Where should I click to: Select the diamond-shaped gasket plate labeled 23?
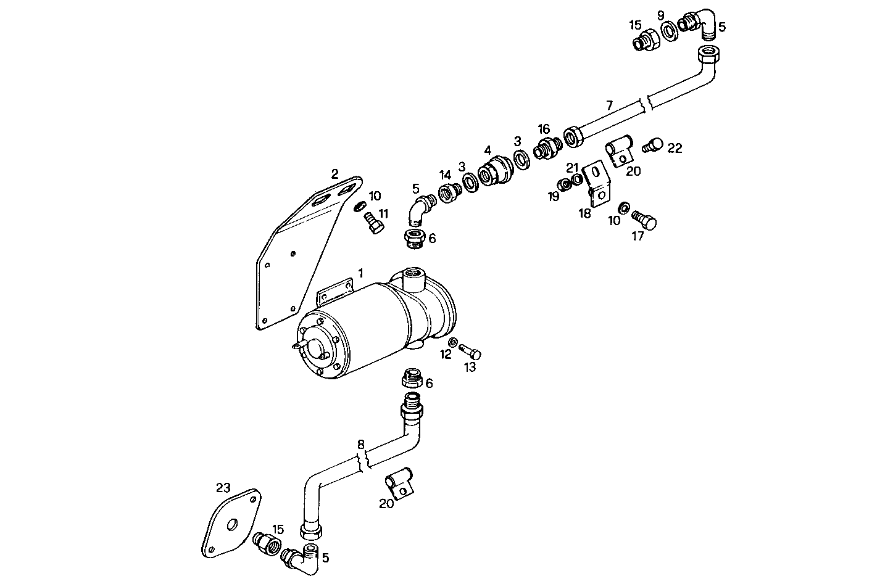tap(231, 523)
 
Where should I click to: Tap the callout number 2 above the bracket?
tap(334, 174)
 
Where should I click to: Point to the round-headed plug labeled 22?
tap(652, 146)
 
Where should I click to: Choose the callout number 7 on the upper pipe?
tap(609, 105)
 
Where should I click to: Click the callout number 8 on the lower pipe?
tap(361, 443)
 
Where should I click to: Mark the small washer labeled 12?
tap(452, 343)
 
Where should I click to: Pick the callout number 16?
tap(543, 129)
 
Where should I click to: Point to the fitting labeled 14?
tap(447, 194)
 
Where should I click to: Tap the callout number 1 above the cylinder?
tap(360, 272)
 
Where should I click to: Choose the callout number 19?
tap(553, 196)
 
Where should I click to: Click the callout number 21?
tap(573, 168)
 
